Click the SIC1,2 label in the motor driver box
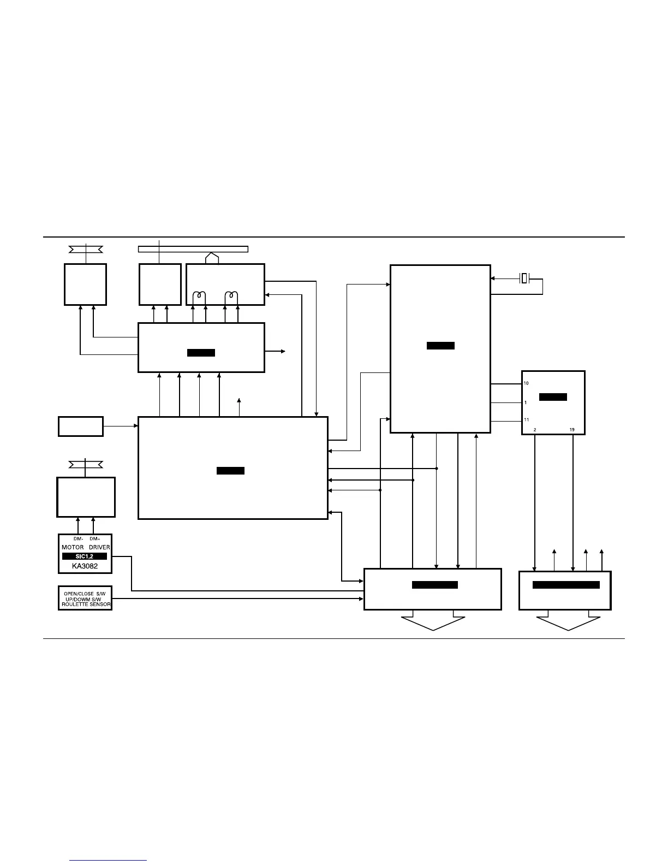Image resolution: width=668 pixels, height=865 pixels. pos(85,556)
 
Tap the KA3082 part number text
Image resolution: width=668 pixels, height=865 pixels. pos(85,566)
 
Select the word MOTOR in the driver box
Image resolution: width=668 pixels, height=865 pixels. pos(73,547)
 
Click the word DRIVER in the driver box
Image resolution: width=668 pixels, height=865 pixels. pos(99,547)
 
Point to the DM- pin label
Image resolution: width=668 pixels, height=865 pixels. pos(78,539)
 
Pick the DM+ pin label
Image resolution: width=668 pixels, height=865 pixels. pos(94,539)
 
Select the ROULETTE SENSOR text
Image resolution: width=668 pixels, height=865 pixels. pos(86,605)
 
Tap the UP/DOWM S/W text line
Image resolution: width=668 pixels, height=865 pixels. pos(85,599)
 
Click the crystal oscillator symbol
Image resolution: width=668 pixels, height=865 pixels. pos(524,279)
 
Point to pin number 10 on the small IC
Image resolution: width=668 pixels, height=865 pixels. pos(526,383)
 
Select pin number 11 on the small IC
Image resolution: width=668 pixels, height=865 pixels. pos(526,420)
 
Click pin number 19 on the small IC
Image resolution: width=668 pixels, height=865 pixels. pos(572,430)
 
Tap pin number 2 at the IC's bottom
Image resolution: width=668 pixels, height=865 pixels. pos(534,430)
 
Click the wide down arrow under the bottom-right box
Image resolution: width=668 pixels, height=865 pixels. pos(568,623)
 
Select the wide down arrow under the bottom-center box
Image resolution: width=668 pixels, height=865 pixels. pos(433,623)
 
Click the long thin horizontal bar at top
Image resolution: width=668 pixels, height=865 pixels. pos(193,250)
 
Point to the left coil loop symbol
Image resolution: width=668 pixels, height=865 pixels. pos(200,297)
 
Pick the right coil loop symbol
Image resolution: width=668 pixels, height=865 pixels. pos(232,297)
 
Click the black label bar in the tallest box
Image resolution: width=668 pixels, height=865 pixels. pos(440,346)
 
